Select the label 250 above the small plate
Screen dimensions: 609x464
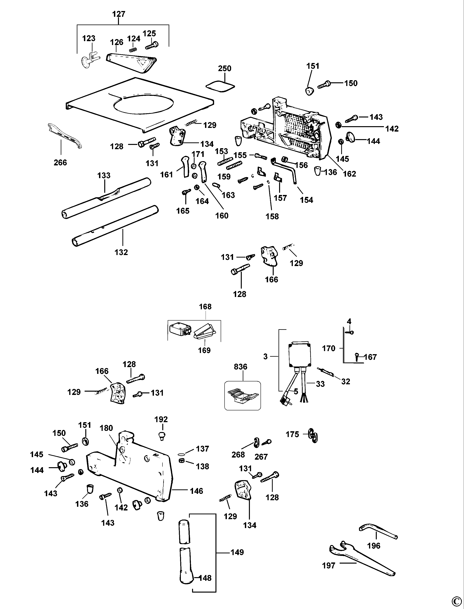[225, 68]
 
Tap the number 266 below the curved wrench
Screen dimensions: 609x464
[60, 162]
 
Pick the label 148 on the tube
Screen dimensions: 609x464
[205, 578]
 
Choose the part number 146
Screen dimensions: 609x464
[196, 491]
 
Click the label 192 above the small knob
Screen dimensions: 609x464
[161, 419]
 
